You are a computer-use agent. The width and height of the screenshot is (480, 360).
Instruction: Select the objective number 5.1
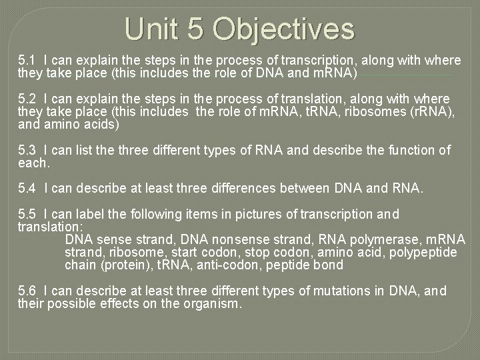(x=27, y=61)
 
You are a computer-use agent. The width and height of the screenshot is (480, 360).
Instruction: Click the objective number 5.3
(x=27, y=150)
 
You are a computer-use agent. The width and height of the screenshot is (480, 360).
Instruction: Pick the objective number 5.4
(x=27, y=189)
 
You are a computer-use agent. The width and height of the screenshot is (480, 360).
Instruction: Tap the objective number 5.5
(x=27, y=215)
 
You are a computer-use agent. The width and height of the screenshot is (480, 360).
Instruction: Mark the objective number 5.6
(x=27, y=291)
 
